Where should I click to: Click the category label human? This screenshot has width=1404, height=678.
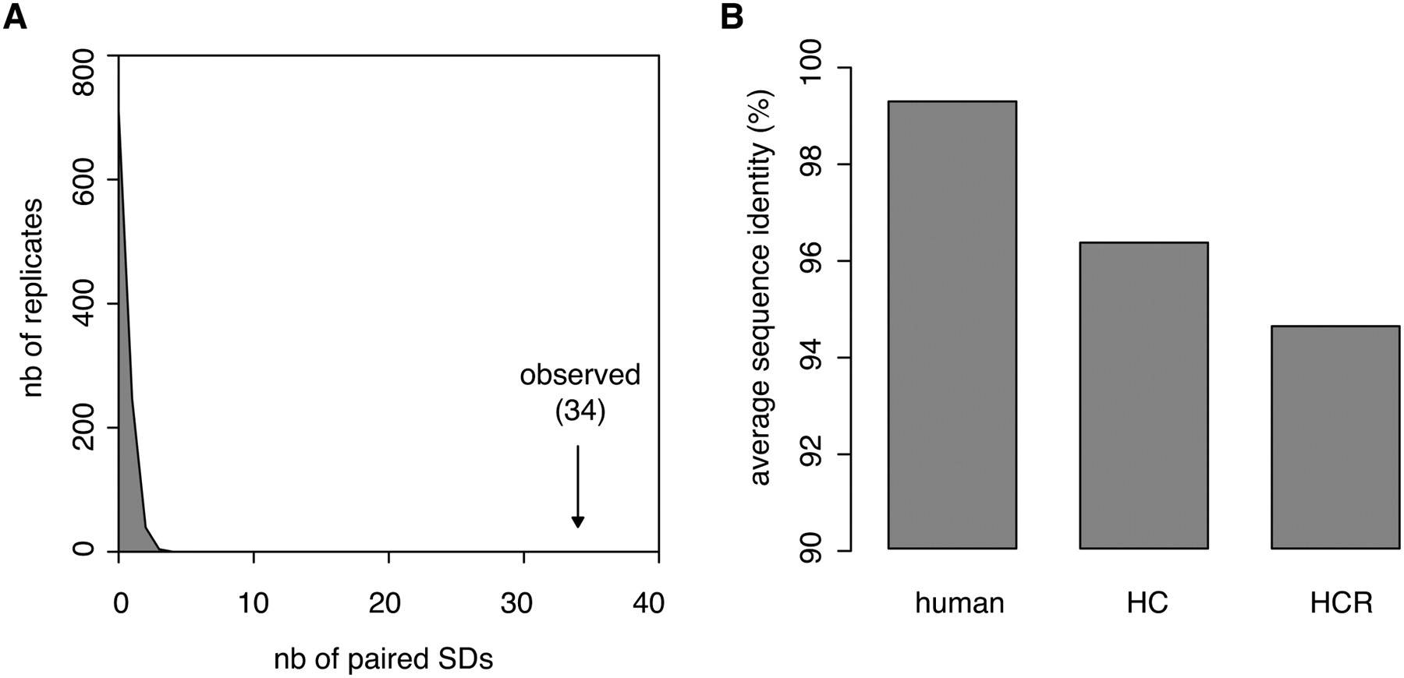click(x=959, y=603)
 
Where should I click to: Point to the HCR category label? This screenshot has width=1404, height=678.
click(x=1341, y=603)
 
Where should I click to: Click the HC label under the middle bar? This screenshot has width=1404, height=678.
click(x=1147, y=603)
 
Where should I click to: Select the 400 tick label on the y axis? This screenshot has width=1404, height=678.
click(x=83, y=305)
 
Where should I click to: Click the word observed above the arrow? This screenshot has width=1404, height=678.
click(x=580, y=375)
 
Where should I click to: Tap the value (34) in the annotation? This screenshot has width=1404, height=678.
click(x=580, y=411)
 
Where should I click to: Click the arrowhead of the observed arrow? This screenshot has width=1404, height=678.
click(x=578, y=521)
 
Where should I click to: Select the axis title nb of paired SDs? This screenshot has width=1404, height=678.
click(x=383, y=659)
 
